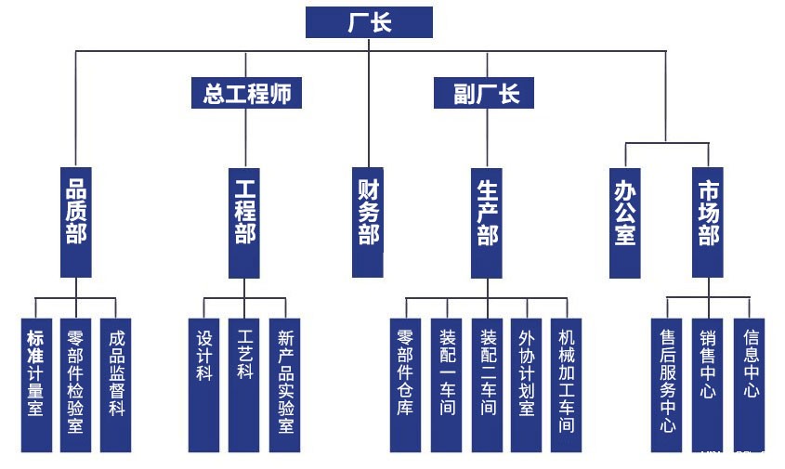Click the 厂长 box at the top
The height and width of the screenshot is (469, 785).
pos(369,22)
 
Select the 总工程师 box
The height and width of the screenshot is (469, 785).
pos(246,93)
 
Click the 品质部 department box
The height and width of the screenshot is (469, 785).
pos(77,222)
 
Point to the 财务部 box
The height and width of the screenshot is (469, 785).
pos(369,222)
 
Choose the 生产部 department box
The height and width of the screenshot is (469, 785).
pos(486,222)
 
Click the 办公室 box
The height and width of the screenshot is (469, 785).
pos(624,222)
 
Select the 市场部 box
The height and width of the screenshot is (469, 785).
pos(708,222)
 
